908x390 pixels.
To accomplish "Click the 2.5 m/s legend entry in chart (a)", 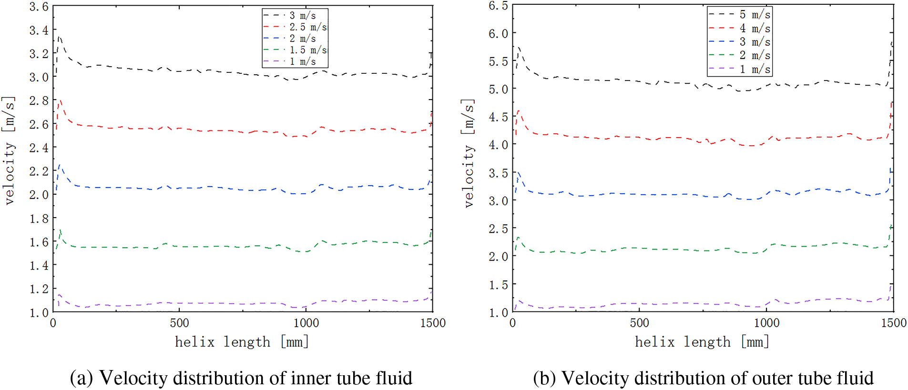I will click(308, 27).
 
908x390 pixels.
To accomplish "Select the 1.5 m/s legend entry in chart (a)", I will click(308, 50).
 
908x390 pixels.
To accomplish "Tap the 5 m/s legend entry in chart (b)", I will click(755, 15).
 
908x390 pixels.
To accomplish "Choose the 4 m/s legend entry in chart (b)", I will click(755, 29).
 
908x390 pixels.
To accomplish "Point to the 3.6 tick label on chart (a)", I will click(39, 7).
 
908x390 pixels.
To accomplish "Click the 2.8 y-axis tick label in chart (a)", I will click(39, 100).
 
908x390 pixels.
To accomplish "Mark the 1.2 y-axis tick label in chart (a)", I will click(39, 289).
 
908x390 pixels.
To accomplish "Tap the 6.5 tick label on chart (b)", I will click(498, 6).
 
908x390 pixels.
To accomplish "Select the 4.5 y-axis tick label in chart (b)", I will click(498, 117).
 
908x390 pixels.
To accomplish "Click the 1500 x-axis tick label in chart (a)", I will click(432, 323).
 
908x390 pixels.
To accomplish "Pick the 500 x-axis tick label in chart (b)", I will click(639, 323).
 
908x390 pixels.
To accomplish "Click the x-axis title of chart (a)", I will click(242, 342).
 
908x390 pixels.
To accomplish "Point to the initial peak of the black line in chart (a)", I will click(59, 37).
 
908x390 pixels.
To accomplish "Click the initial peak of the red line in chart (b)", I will click(518, 111).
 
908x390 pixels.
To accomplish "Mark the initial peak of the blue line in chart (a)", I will click(60, 166).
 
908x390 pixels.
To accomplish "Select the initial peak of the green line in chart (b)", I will click(518, 237).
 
